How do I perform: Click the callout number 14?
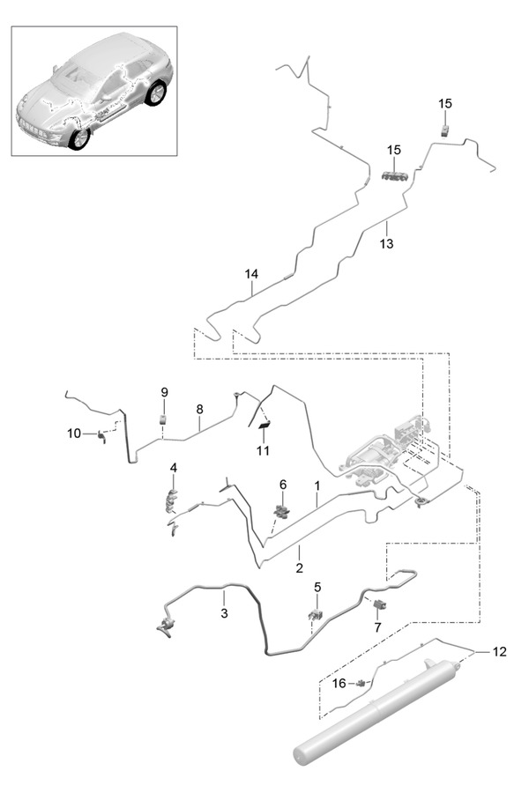pyautogui.click(x=252, y=275)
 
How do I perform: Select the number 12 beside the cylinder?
pyautogui.click(x=500, y=652)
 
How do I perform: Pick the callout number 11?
pyautogui.click(x=262, y=451)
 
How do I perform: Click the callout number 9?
pyautogui.click(x=163, y=390)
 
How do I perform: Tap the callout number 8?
pyautogui.click(x=200, y=409)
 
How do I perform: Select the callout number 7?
pyautogui.click(x=376, y=627)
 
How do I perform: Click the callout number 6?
pyautogui.click(x=282, y=485)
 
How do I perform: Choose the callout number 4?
pyautogui.click(x=174, y=467)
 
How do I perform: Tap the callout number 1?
pyautogui.click(x=316, y=485)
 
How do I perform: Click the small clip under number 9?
pyautogui.click(x=163, y=418)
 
